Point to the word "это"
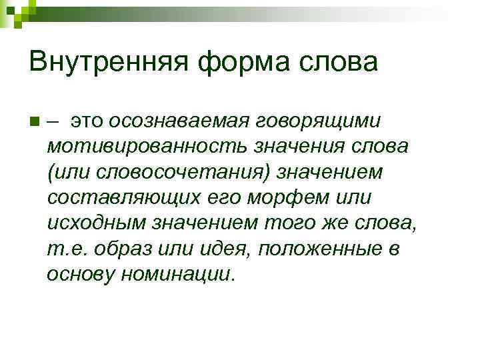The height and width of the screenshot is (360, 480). coord(87,121)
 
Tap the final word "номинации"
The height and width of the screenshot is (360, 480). coord(175,273)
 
